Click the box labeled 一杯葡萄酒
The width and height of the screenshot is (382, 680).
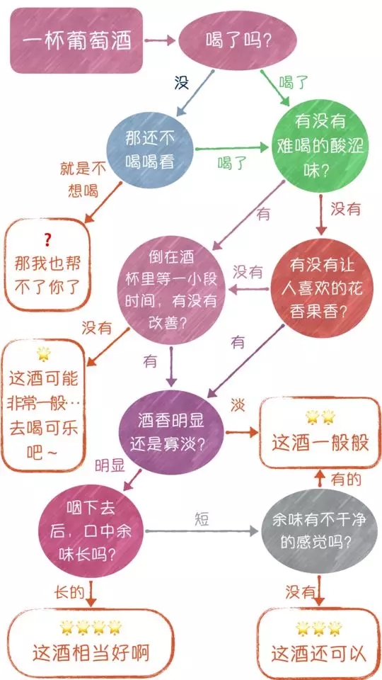pos(76,40)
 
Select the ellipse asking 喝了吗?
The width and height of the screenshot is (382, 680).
pos(238,40)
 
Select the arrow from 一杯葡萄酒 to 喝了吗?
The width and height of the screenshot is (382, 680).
pos(160,41)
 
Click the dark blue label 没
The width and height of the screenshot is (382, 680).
pos(182,82)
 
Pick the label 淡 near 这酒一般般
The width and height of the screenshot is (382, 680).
pos(238,405)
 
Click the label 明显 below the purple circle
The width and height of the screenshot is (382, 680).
pos(110,466)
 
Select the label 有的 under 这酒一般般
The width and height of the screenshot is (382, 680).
pos(346,480)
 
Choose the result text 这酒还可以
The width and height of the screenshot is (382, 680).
pos(319,654)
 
